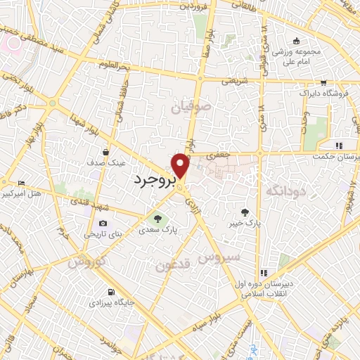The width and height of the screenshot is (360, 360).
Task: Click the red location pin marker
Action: (181, 166)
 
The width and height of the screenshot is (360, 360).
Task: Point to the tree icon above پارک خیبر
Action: (244, 212)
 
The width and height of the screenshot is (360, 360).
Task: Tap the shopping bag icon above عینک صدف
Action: (106, 151)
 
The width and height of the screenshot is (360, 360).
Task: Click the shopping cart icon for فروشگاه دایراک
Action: (323, 82)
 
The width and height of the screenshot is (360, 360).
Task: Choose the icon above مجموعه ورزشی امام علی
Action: (297, 39)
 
